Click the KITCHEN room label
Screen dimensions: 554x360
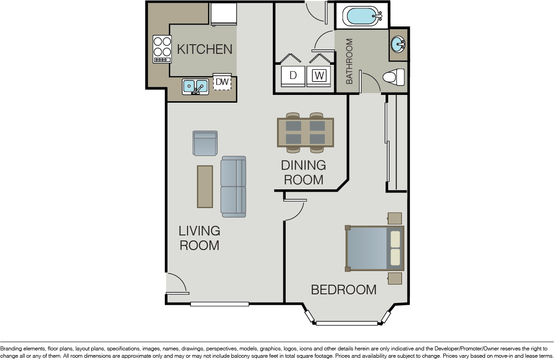pos(204,49)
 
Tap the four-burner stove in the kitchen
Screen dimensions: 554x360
pos(162,49)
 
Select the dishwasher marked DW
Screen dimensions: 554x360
pos(222,82)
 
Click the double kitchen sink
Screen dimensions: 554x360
pos(195,87)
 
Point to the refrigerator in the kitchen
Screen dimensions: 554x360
pos(224,14)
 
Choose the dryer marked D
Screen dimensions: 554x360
pos(293,76)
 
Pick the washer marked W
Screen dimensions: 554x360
pos(319,76)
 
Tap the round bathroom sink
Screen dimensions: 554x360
pos(397,44)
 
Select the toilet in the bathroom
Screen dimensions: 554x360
pos(394,77)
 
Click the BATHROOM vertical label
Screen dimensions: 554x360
pos(349,61)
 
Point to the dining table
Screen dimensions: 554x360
pos(305,133)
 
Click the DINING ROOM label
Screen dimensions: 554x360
pos(303,172)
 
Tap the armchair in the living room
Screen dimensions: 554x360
pos(205,143)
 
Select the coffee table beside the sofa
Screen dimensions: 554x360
pos(205,187)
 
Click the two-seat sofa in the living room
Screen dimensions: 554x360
pos(234,187)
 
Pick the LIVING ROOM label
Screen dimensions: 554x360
pos(199,238)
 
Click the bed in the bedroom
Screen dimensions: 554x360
pos(375,249)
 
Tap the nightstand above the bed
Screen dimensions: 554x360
pos(394,218)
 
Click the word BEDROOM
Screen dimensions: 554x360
pos(344,290)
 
